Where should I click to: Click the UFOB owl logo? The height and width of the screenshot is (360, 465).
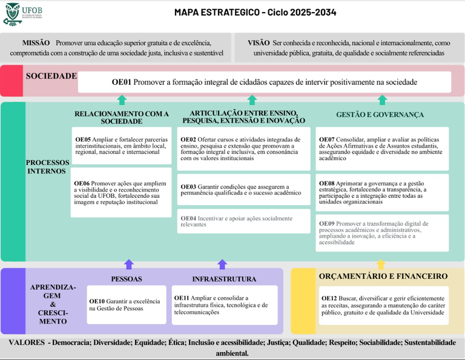point(12,14)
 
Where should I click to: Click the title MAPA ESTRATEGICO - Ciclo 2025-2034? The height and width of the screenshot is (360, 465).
point(255,12)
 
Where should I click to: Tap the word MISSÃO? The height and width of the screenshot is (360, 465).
point(36,43)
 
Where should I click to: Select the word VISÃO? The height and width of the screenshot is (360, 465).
point(259,43)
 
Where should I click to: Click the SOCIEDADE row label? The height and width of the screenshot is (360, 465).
point(51,76)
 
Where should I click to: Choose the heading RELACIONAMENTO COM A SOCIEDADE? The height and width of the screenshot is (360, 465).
point(122,117)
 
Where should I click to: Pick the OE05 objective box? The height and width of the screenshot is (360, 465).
point(121,146)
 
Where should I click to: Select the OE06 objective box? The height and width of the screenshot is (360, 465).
point(121,192)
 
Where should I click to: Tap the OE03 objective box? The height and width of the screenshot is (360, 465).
point(243,189)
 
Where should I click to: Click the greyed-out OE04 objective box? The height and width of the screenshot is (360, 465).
point(243,221)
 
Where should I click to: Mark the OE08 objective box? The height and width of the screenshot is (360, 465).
point(382,192)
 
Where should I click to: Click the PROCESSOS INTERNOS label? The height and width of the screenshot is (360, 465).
point(46,167)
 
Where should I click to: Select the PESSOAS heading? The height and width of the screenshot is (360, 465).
point(127,279)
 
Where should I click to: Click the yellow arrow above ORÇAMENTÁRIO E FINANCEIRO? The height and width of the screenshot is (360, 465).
point(380,264)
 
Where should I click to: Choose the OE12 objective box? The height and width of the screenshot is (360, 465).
point(382,306)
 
